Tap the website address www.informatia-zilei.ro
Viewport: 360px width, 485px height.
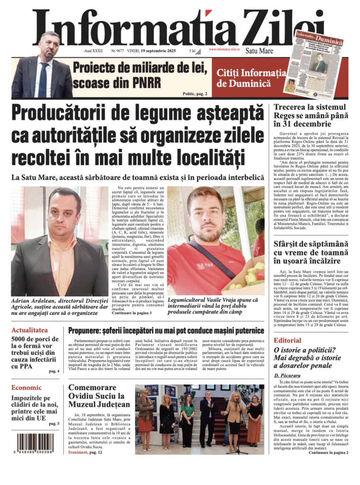(224, 49)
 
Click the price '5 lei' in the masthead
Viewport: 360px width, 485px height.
(192, 50)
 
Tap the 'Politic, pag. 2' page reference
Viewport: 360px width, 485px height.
(195, 94)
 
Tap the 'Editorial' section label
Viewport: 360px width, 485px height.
(288, 340)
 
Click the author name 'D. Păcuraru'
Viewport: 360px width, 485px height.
(288, 376)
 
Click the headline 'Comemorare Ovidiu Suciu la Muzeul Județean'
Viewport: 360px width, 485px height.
(99, 395)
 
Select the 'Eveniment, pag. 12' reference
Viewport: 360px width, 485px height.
(85, 452)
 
